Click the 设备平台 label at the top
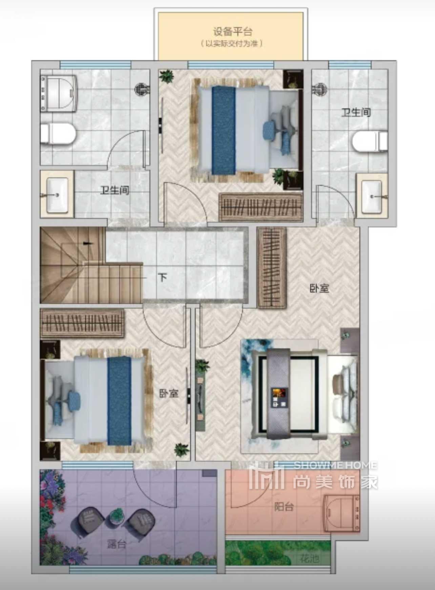233,32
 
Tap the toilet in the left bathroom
58,134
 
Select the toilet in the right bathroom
370,141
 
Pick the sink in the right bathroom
372,197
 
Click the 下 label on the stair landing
163,278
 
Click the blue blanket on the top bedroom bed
223,130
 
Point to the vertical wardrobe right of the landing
271,267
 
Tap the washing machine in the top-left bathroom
58,93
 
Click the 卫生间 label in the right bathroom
356,112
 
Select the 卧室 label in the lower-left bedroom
169,393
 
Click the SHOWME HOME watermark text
335,465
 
